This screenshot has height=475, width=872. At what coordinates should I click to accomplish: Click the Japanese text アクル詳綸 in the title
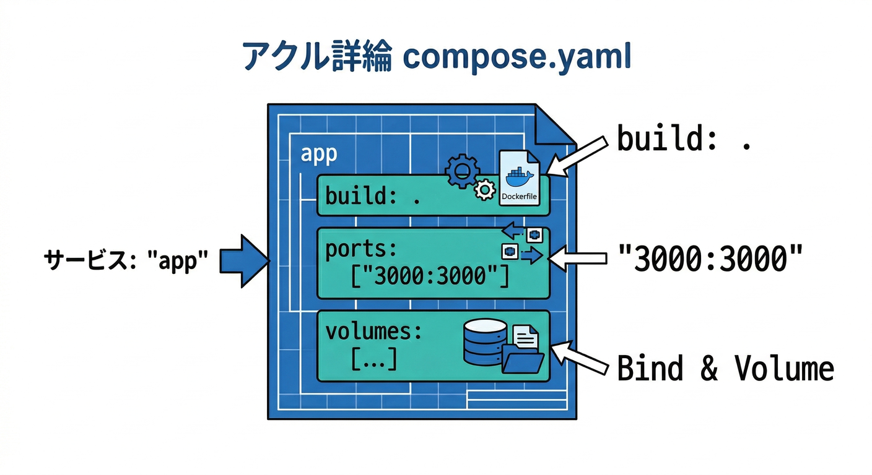316,58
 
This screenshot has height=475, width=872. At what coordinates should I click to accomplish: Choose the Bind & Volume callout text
725,369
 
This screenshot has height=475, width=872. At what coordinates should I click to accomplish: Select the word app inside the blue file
318,154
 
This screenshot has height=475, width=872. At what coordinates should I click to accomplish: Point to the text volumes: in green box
373,332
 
